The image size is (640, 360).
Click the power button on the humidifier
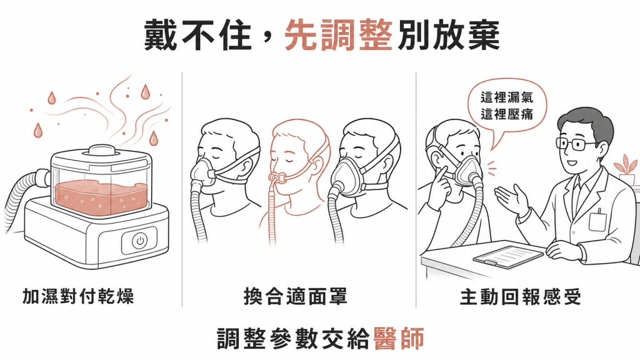(140, 241)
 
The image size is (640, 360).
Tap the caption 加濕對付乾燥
(78, 296)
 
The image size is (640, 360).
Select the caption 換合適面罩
(295, 296)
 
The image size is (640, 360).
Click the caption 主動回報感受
(521, 297)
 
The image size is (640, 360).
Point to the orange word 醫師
(399, 338)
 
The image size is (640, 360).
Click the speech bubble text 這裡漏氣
(506, 97)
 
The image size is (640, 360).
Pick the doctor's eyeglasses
(574, 143)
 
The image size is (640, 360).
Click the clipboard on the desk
(508, 256)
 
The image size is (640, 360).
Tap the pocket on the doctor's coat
(597, 221)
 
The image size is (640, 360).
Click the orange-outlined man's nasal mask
(276, 178)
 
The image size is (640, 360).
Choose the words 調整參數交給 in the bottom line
(294, 338)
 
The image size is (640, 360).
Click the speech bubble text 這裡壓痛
(506, 114)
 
